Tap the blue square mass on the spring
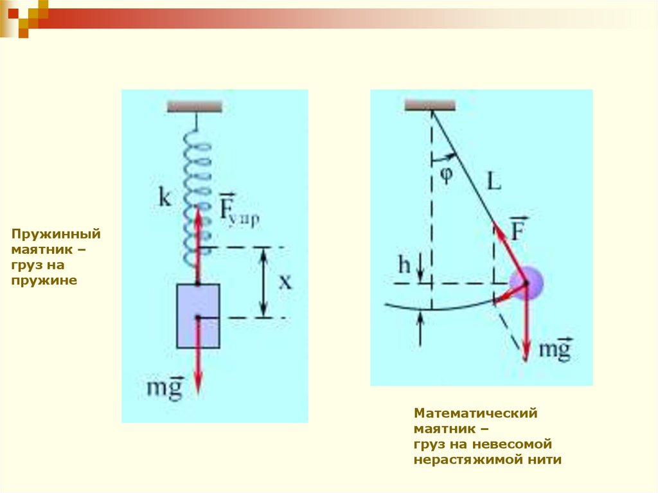click(198, 316)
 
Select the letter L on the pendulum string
click(493, 183)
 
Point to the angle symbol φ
click(446, 174)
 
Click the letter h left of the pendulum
click(404, 265)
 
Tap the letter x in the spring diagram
click(285, 282)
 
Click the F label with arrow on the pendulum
click(519, 229)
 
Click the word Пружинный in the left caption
click(55, 235)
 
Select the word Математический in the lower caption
click(476, 414)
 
